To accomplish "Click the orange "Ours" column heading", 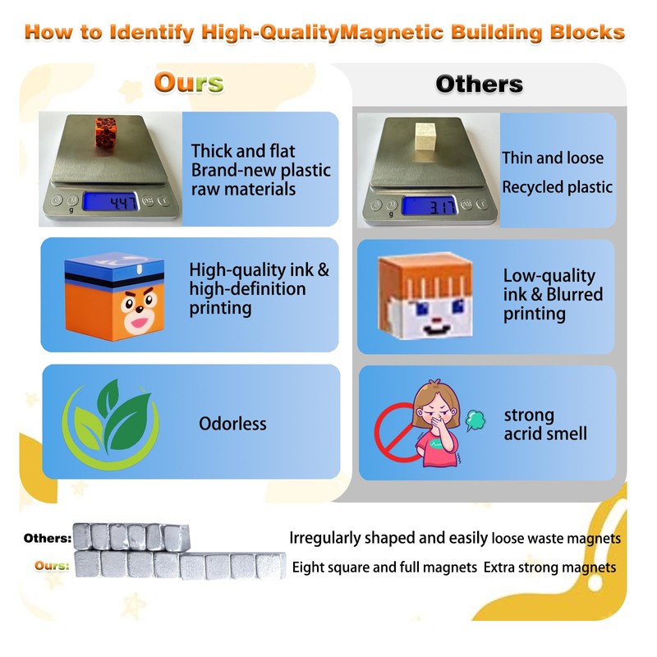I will coord(188,83).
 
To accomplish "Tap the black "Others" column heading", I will coord(479,84).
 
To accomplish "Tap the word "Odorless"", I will coord(232,424).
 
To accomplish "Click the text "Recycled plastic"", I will coord(557,187).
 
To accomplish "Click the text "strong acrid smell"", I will coord(545,424).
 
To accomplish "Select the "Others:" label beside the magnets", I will coord(48,539).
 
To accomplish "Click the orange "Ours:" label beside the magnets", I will coord(53,566).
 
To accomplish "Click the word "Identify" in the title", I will coord(150,34).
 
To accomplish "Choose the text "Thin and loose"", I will coord(552,158).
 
